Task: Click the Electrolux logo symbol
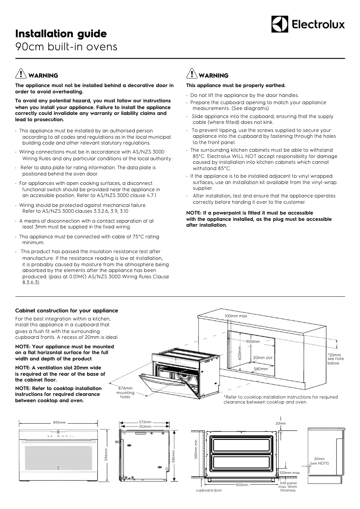[279, 24]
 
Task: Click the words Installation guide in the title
[61, 34]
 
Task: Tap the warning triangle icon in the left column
[21, 74]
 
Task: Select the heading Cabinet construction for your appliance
[67, 311]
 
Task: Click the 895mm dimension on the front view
[59, 422]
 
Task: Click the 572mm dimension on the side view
[145, 422]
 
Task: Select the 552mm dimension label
[145, 427]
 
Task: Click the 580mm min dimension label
[196, 449]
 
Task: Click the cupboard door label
[209, 490]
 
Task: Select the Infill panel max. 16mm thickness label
[288, 487]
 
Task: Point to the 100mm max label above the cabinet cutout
[236, 316]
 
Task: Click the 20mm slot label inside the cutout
[263, 358]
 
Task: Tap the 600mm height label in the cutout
[240, 353]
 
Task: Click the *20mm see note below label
[335, 359]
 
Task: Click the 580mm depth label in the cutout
[261, 369]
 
